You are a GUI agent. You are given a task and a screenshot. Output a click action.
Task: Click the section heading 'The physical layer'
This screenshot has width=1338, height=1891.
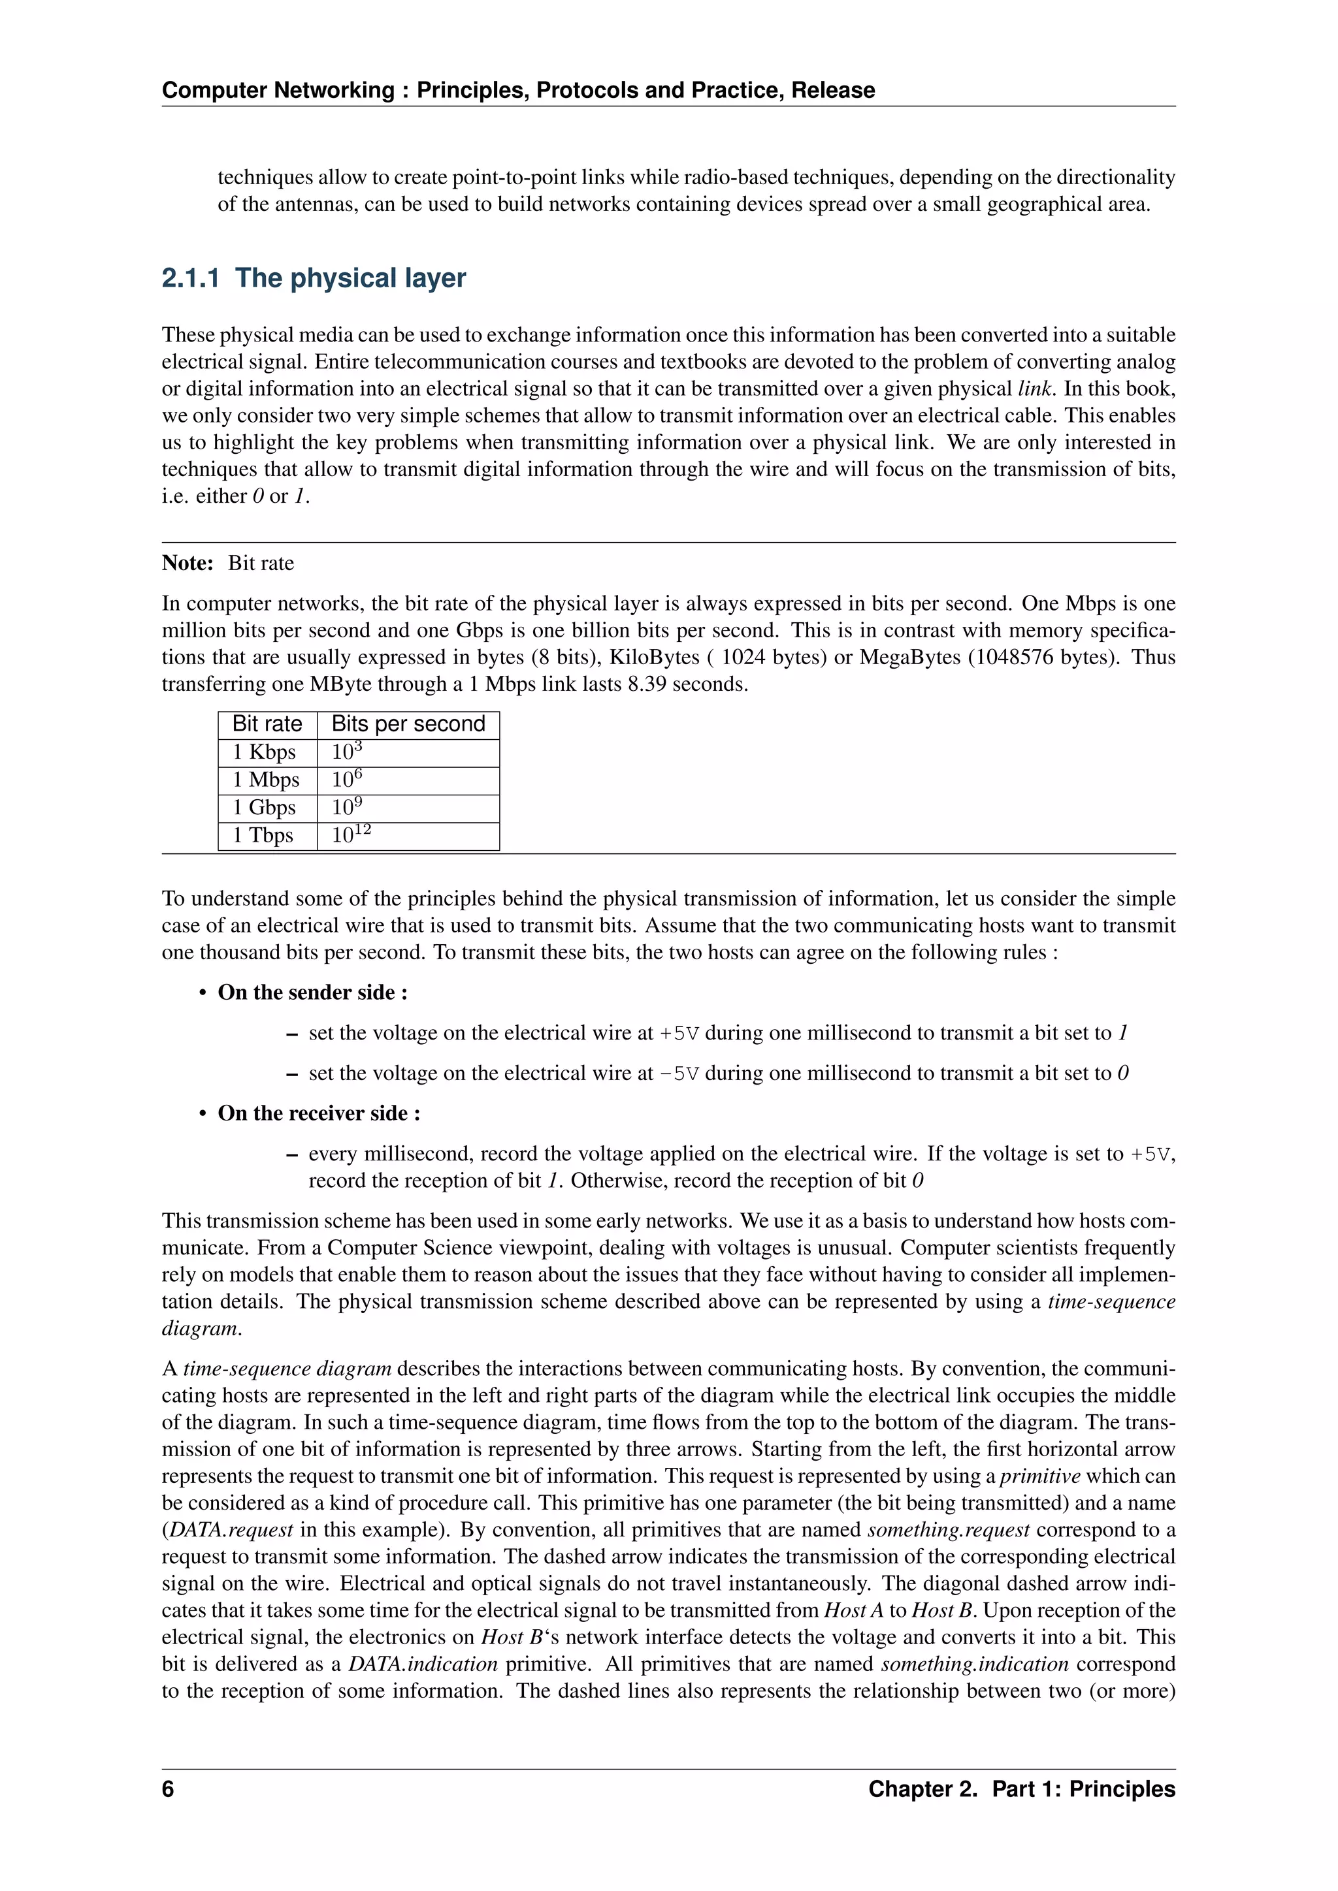coord(350,278)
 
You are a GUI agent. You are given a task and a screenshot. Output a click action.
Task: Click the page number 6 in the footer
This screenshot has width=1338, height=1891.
coord(168,1789)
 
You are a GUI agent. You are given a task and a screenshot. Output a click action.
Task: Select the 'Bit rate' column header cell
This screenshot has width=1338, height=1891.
coord(267,724)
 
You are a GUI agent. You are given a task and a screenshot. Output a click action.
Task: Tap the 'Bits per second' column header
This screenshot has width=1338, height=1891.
coord(408,724)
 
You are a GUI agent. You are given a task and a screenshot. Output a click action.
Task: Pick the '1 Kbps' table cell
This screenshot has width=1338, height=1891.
coord(264,752)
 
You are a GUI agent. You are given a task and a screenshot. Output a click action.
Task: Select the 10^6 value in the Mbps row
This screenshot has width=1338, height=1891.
coord(347,779)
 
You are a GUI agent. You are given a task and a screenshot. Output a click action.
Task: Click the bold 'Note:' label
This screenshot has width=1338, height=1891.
coord(188,564)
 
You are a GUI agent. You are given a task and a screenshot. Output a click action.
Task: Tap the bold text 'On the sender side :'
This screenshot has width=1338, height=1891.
coord(312,993)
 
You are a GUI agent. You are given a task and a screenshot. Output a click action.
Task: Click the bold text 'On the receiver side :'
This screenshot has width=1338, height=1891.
coord(319,1113)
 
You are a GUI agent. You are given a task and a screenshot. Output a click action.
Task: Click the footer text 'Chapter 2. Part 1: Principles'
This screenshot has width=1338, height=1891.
coord(1022,1789)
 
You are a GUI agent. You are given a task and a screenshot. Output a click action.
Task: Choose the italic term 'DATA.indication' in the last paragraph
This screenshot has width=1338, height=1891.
coord(423,1664)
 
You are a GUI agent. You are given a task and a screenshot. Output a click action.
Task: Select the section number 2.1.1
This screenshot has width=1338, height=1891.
coord(190,278)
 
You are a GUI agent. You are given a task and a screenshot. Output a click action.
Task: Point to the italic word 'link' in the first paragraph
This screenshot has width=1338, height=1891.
coord(1036,389)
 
